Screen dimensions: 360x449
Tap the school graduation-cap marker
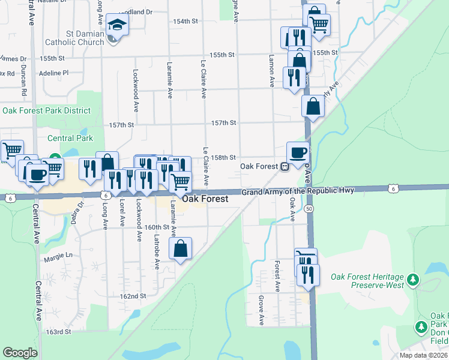click(x=117, y=25)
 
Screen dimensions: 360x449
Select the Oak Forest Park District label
click(x=46, y=110)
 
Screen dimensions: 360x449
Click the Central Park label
click(x=70, y=138)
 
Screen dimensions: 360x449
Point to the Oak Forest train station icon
click(x=286, y=166)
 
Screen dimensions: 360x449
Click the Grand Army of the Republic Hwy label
click(x=298, y=191)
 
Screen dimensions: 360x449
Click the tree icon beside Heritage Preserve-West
click(x=412, y=280)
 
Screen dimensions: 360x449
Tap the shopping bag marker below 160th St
click(x=180, y=248)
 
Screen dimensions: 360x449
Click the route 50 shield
click(x=309, y=208)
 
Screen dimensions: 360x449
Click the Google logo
click(x=20, y=353)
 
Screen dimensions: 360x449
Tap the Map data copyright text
click(x=424, y=355)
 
